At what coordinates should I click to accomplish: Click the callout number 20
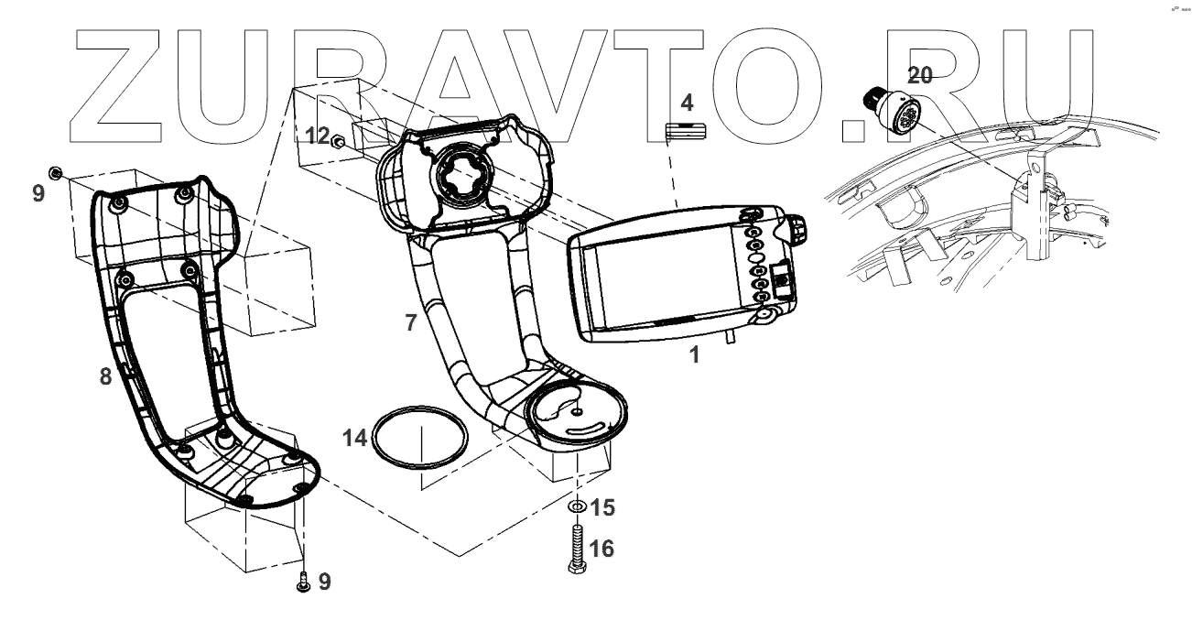click(919, 75)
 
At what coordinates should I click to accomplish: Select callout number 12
click(317, 136)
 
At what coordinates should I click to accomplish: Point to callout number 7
click(410, 321)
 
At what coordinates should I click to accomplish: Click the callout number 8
click(105, 375)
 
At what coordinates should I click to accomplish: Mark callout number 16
click(601, 549)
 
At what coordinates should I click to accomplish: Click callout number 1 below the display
click(694, 355)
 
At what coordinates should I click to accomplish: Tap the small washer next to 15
click(577, 506)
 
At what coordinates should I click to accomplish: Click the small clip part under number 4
click(688, 130)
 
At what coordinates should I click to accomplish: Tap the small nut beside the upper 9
click(56, 173)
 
